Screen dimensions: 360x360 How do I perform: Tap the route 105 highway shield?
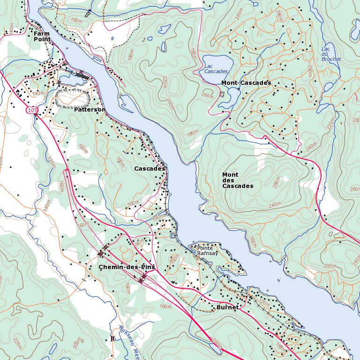(31, 110)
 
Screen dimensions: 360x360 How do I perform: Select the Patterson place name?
(90, 109)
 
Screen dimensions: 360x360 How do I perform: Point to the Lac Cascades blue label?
(216, 68)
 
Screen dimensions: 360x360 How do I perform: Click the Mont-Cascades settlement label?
(246, 82)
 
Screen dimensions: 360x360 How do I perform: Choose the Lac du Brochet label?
(331, 54)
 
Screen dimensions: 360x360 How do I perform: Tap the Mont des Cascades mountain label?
(238, 180)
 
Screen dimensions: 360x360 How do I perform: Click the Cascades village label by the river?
(150, 168)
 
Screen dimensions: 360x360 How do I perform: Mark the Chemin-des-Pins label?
(127, 267)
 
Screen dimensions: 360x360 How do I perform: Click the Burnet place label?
(227, 307)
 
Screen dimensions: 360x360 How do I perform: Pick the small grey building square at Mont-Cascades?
(222, 94)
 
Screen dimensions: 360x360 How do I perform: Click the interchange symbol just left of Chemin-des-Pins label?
(102, 253)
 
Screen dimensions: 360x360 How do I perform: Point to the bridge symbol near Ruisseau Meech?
(112, 338)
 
